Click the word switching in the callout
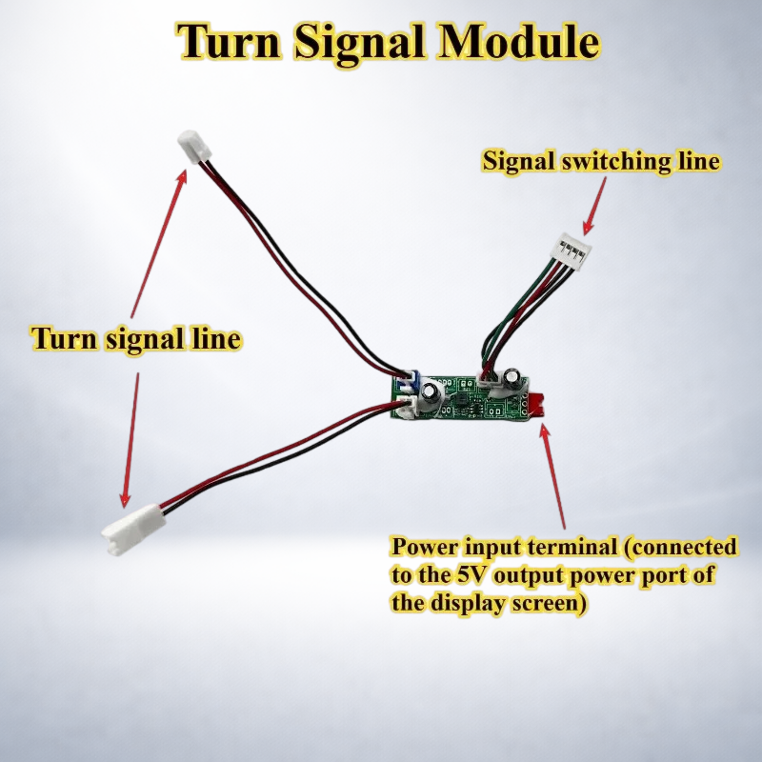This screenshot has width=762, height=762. click(x=615, y=161)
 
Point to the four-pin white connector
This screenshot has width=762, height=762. click(x=574, y=248)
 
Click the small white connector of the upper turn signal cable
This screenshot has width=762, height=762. click(x=195, y=147)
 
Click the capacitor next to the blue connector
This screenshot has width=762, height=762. click(x=431, y=397)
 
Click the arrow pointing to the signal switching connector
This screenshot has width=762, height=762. click(x=595, y=205)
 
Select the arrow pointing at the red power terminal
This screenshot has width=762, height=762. click(x=553, y=477)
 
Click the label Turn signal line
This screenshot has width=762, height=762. click(x=136, y=339)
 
